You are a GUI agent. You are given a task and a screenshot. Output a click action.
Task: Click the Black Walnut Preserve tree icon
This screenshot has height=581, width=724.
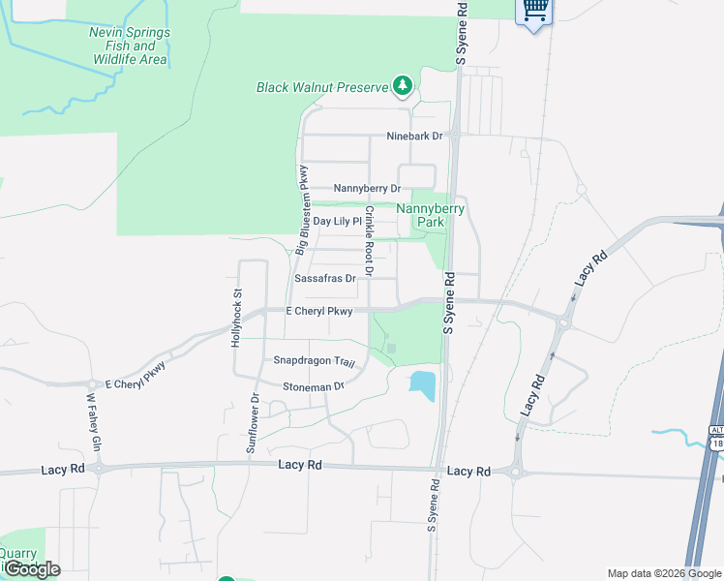403,87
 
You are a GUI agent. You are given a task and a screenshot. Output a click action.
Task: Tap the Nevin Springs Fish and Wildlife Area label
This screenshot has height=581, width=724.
130,46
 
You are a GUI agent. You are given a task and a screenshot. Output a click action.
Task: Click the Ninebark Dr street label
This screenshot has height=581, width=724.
413,137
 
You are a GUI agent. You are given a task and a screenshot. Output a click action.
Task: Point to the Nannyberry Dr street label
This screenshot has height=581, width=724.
367,189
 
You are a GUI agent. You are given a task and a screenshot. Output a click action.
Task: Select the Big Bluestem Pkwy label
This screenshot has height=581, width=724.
304,208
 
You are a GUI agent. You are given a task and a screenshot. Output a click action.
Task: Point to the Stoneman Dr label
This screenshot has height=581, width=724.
314,386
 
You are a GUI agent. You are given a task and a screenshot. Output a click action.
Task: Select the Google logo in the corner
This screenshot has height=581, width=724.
32,569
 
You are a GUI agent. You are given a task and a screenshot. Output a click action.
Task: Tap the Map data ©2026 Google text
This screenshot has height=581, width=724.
665,573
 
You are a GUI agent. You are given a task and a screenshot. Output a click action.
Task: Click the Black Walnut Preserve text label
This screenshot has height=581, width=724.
321,87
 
